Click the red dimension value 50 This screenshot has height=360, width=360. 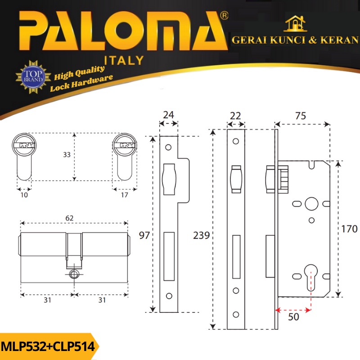[x=293, y=317]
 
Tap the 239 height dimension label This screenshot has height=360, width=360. [x=201, y=235]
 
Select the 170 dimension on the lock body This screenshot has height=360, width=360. [x=349, y=229]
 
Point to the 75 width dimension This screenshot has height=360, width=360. [x=301, y=116]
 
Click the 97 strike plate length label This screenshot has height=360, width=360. [x=144, y=235]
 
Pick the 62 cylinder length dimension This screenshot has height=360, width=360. [x=69, y=218]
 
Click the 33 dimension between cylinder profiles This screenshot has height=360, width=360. [x=67, y=155]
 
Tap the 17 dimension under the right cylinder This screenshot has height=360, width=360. [x=125, y=195]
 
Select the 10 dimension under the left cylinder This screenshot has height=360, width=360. [x=24, y=195]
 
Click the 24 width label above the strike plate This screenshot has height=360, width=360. [x=168, y=115]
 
